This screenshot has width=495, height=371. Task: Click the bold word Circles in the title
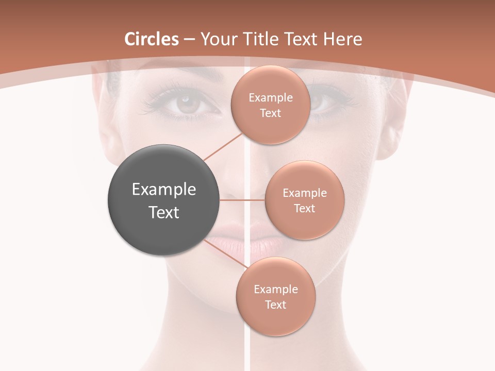(x=152, y=39)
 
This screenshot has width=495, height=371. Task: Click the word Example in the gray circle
(x=163, y=190)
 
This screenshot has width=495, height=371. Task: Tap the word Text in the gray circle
(x=163, y=212)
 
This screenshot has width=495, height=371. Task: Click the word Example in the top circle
(x=270, y=98)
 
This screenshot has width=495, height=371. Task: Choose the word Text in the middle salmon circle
(x=304, y=208)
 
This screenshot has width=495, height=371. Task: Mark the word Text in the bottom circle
(x=275, y=305)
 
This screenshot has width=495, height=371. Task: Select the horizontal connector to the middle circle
(x=242, y=200)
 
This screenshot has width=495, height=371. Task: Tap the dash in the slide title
(x=189, y=40)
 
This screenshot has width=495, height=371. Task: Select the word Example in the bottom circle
(x=275, y=290)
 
